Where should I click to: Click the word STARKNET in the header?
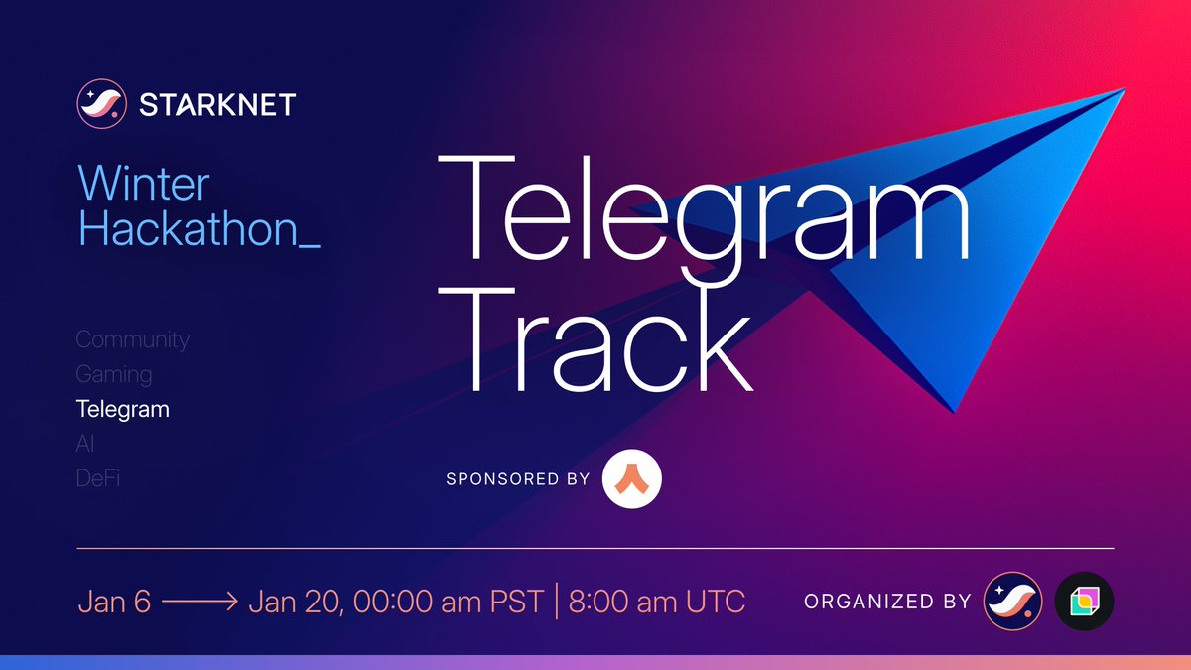217,104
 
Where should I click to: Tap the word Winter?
144,185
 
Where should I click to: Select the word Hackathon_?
198,229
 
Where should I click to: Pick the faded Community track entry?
132,339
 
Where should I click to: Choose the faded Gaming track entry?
114,374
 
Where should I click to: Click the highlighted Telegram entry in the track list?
123,409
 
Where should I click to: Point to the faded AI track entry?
85,444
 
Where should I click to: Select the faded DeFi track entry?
99,478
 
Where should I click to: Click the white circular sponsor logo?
632,479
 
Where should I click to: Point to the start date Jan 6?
113,602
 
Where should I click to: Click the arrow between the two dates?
198,603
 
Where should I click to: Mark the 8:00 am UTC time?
656,602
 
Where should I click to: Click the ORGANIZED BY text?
887,602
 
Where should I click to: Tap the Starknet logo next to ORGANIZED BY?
1012,602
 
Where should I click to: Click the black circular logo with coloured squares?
1084,602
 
